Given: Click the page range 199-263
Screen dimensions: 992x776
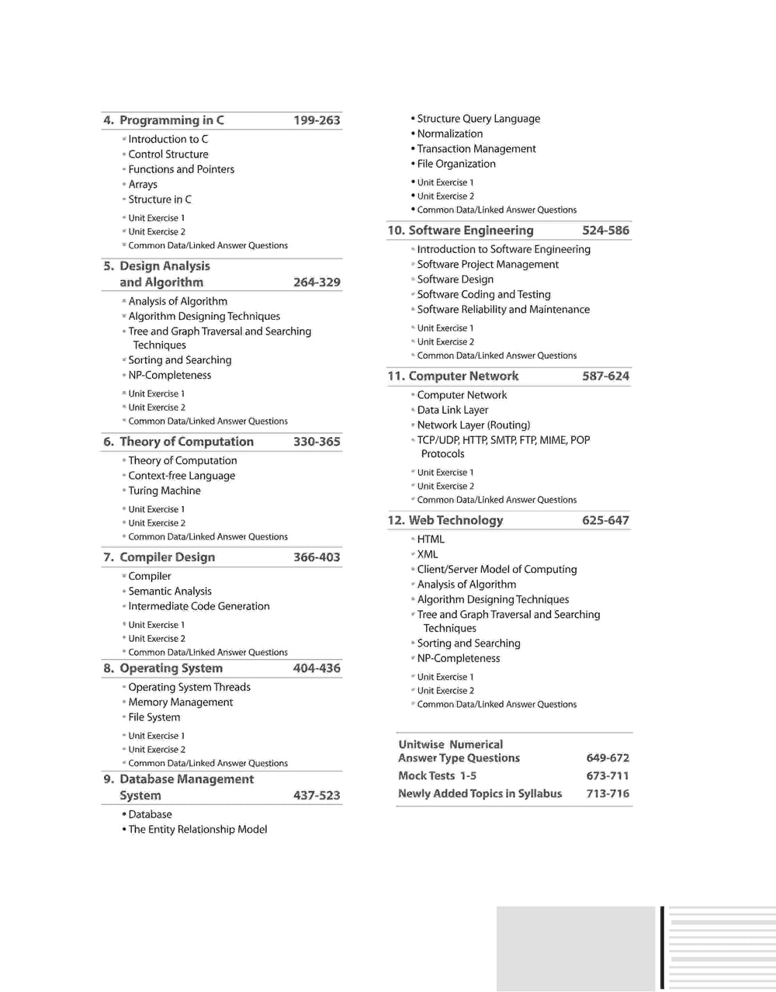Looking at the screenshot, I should tap(317, 120).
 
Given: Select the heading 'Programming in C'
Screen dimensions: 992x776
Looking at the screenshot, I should tap(171, 120).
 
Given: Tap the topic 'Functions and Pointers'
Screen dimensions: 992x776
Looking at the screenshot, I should tap(181, 169).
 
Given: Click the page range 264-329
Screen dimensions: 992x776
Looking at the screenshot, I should tap(317, 283).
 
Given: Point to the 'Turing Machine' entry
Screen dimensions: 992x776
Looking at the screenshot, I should tap(165, 491).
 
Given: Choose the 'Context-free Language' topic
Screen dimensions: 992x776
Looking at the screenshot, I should tap(182, 476).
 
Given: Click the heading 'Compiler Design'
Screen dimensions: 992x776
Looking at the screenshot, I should tap(167, 557).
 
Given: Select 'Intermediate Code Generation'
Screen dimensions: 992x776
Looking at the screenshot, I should tap(199, 606).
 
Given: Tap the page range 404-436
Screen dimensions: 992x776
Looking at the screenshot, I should tap(317, 668).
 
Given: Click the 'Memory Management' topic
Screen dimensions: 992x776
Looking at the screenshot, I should tap(180, 702).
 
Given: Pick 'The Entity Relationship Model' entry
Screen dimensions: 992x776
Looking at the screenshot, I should tap(197, 830).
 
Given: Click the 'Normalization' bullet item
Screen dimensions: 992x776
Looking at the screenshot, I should tap(449, 134).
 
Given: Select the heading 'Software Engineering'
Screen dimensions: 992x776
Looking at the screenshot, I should tap(470, 231).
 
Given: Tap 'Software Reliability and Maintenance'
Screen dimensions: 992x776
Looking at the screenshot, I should tap(503, 310).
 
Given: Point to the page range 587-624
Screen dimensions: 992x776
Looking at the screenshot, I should tap(605, 376).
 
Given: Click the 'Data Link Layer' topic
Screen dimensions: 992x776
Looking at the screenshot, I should tap(452, 410).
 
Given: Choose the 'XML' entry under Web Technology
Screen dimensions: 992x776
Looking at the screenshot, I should tap(428, 554).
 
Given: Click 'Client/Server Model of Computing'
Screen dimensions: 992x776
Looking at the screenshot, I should tap(497, 569).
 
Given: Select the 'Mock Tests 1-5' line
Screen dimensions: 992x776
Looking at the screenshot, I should tap(437, 775).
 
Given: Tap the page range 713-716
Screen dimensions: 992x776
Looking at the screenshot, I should tap(608, 793).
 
